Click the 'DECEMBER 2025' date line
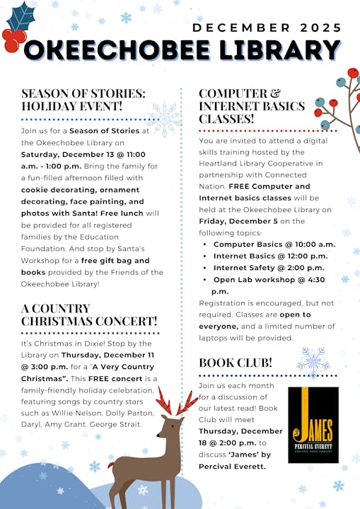point(267,28)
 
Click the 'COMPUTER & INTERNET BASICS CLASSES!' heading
point(252,106)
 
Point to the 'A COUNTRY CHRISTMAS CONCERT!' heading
point(89,315)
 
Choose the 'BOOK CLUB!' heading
point(236,363)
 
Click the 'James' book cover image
point(313,424)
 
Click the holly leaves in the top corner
point(21,16)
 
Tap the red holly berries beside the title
point(12,40)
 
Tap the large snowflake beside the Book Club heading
point(313,363)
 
